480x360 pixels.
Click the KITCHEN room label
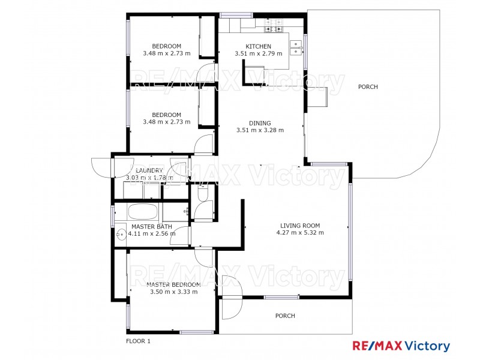pyautogui.click(x=258, y=47)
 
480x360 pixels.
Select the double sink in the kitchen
pyautogui.click(x=296, y=47)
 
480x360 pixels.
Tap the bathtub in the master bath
pyautogui.click(x=143, y=212)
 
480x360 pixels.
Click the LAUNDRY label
pyautogui.click(x=149, y=171)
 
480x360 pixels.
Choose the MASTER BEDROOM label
pyautogui.click(x=173, y=284)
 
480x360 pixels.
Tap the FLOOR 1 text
pyautogui.click(x=138, y=341)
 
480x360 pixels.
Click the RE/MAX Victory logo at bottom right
pyautogui.click(x=400, y=346)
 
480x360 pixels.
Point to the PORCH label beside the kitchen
pyautogui.click(x=368, y=87)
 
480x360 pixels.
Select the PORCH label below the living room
pyautogui.click(x=285, y=316)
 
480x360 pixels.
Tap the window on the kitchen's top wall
pyautogui.click(x=236, y=14)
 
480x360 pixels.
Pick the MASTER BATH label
pyautogui.click(x=152, y=227)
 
